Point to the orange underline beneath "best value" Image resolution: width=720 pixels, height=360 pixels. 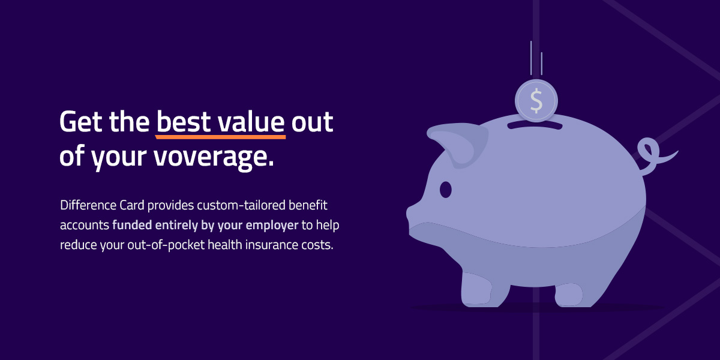221,137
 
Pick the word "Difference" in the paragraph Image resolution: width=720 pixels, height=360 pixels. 88,205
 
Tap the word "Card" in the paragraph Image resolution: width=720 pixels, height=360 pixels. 132,205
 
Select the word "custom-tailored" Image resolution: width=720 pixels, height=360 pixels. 241,205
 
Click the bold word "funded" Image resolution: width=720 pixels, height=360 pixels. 132,225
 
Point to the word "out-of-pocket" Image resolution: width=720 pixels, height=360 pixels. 166,245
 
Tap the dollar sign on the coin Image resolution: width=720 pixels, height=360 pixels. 536,101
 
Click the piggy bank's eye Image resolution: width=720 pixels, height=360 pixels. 445,190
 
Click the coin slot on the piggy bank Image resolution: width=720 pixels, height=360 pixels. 535,125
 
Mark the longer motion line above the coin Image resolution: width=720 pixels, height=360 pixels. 531,58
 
